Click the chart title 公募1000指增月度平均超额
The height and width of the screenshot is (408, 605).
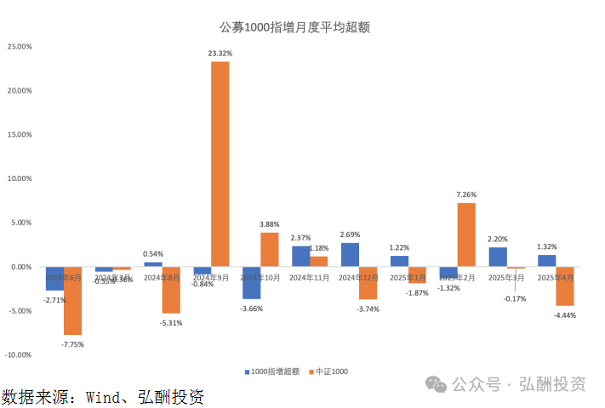coord(294,26)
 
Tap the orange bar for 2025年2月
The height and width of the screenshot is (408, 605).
coord(466,234)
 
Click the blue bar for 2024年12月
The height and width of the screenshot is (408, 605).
coord(350,255)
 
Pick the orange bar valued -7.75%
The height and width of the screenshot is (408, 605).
coord(72,300)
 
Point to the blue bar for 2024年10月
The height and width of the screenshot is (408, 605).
coord(251,282)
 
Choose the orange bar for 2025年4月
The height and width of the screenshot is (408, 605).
coord(565,286)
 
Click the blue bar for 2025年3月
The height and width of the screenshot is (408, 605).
coord(498,257)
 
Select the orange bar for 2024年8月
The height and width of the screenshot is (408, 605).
coord(171,290)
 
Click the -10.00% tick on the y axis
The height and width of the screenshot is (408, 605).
coord(18,354)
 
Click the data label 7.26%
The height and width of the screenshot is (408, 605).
coord(466,195)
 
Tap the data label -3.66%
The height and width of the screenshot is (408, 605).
coord(252,308)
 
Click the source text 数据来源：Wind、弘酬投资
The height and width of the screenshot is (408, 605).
coord(102,396)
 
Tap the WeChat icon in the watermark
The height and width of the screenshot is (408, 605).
coord(437,385)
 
